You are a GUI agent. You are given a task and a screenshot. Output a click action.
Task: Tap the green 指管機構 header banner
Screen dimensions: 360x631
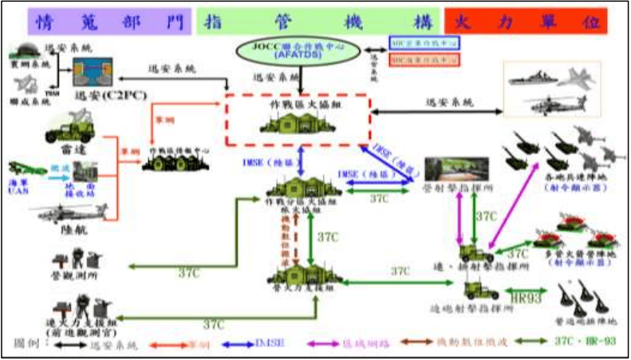coord(317,20)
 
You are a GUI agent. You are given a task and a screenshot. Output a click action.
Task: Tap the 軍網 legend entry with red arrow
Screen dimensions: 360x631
coord(206,345)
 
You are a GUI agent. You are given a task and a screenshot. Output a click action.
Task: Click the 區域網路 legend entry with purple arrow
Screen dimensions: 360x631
coord(371,345)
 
